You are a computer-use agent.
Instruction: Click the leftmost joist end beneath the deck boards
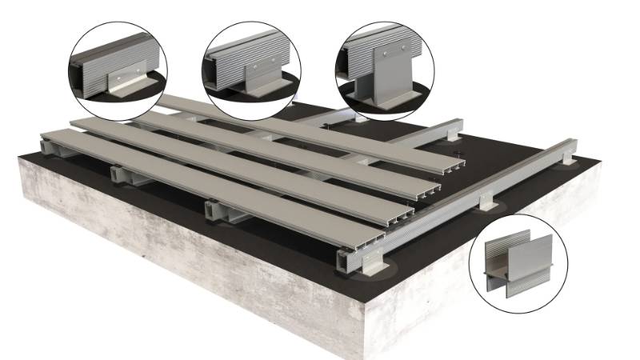(x=48, y=144)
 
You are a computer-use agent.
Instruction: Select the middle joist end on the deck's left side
(x=118, y=174)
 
